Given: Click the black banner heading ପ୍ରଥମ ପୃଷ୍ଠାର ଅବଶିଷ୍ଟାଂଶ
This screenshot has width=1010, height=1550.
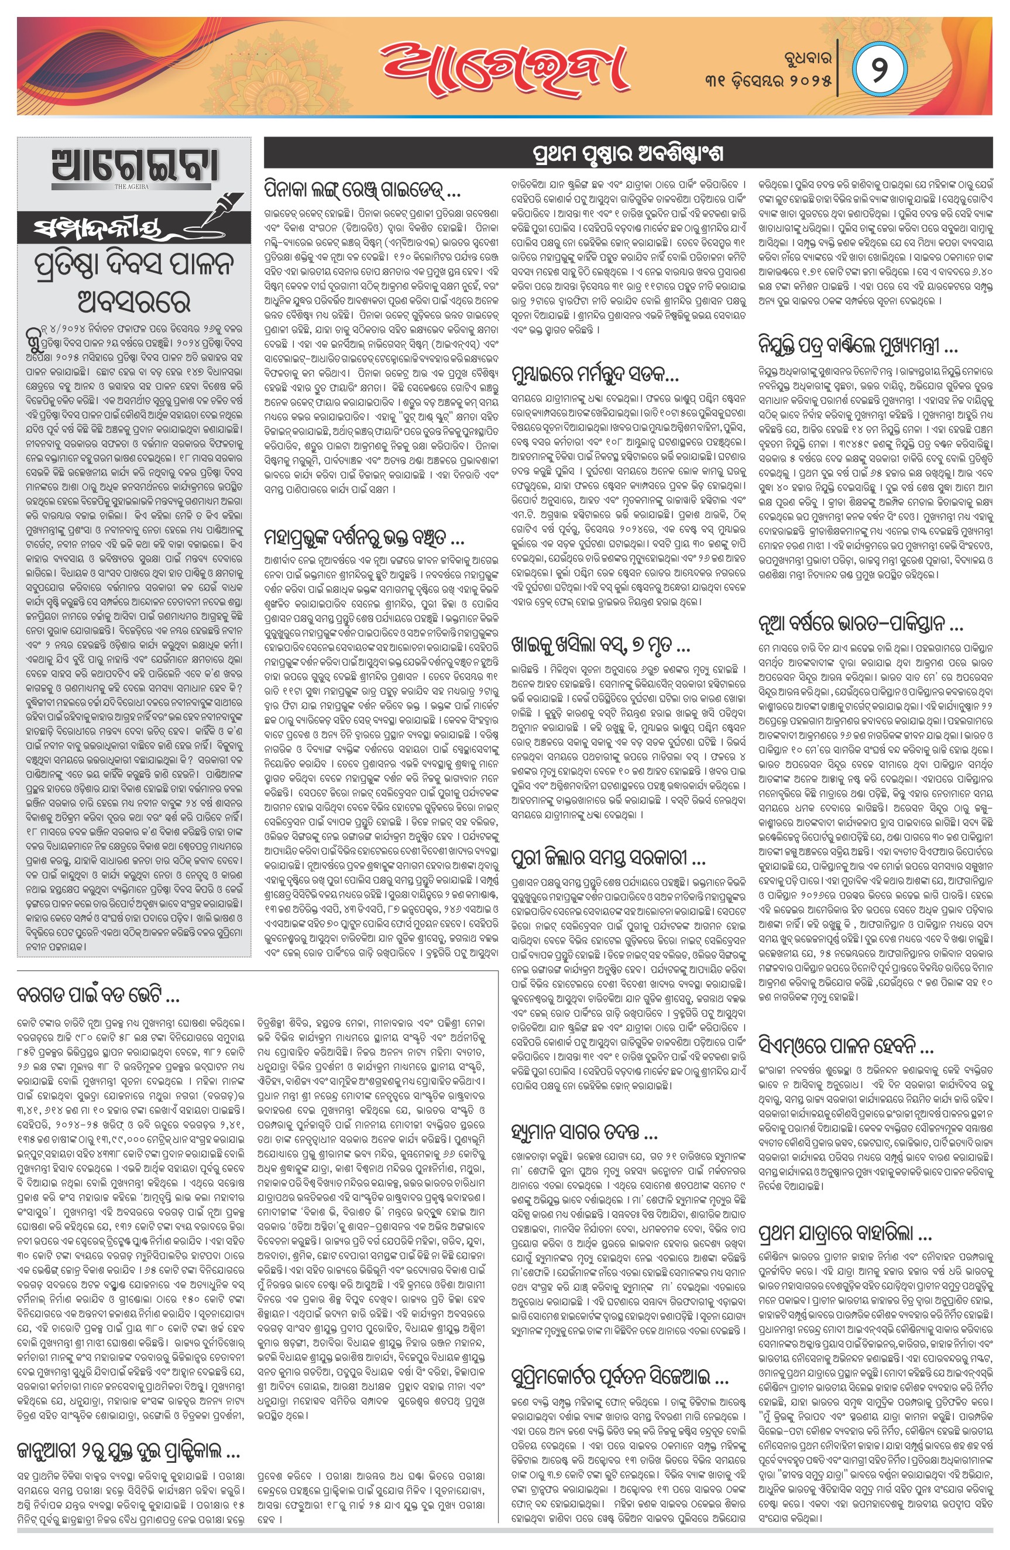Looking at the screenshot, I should pos(628,154).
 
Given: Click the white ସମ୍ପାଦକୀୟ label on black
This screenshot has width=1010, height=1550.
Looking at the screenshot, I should pos(98,229).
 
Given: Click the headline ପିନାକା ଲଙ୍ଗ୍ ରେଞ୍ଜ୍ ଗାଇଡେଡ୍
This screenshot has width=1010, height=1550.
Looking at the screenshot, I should pos(363,190).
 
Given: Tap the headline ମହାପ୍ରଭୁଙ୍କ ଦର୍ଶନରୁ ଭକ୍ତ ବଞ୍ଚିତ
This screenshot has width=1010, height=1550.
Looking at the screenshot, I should pos(365,537).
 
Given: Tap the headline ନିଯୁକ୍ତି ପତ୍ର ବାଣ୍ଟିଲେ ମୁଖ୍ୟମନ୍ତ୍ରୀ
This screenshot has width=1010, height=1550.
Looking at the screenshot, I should pos(858,345).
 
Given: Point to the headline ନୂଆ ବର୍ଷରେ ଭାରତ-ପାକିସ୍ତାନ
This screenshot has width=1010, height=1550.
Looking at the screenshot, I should pos(860,624).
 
